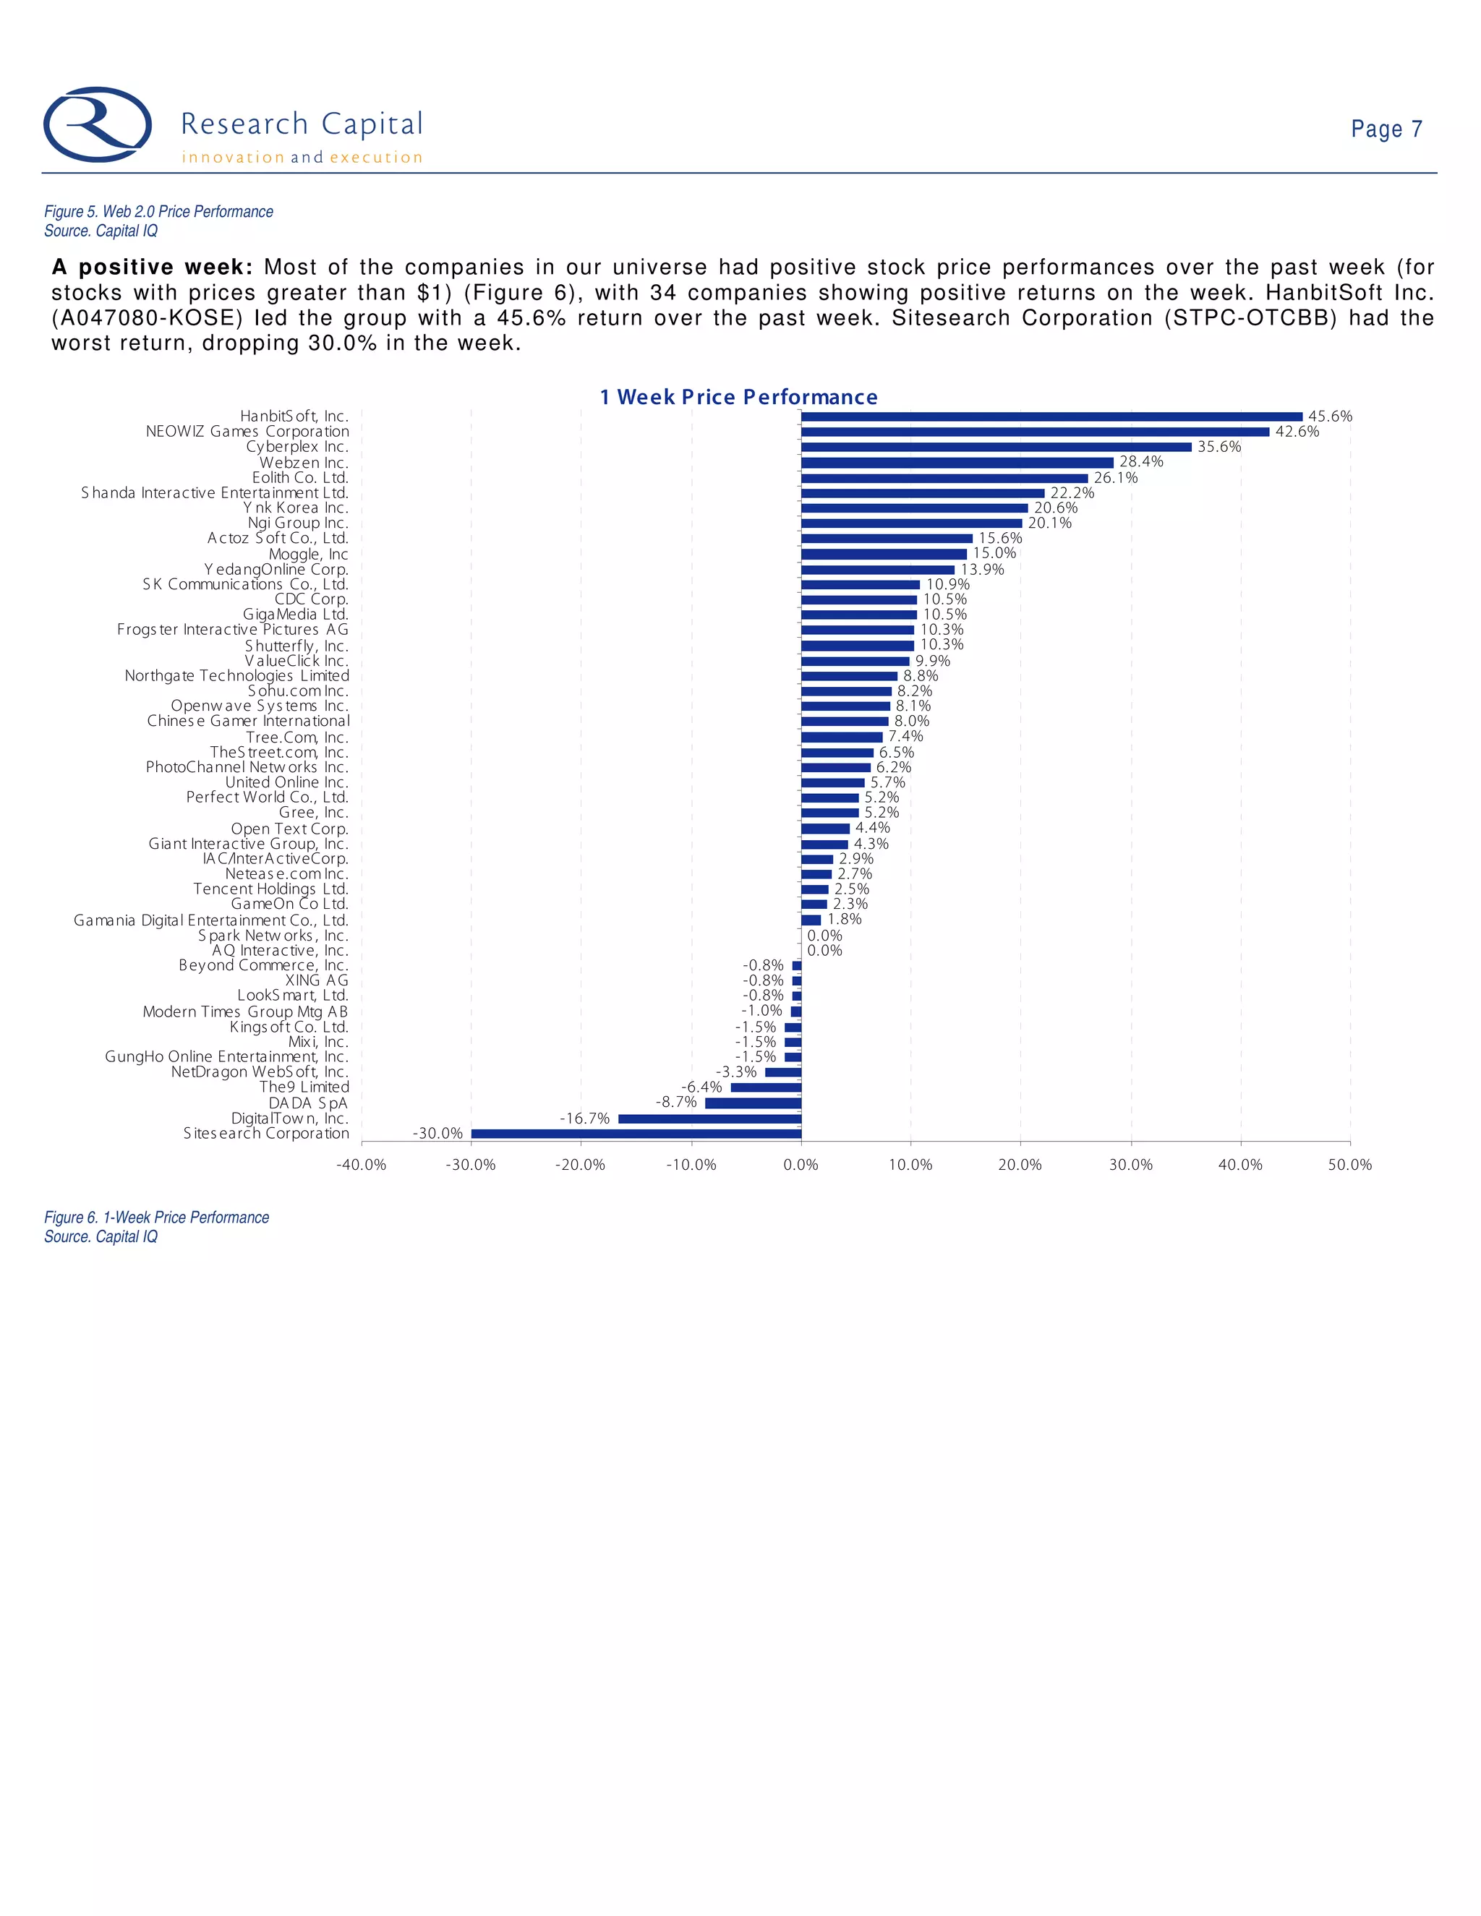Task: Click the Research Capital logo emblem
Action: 98,124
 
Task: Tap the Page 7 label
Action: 1386,129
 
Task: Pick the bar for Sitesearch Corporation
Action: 636,1134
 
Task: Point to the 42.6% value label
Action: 1297,432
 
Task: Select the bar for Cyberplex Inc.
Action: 996,447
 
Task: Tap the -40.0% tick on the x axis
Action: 362,1165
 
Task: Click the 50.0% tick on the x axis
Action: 1349,1165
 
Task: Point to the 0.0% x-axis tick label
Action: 801,1165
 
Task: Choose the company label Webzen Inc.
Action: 304,462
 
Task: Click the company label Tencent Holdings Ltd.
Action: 271,889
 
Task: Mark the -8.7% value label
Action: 676,1102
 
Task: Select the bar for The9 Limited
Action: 766,1087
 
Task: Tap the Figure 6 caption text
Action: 156,1218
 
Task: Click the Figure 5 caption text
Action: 158,211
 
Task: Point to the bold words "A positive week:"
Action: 152,268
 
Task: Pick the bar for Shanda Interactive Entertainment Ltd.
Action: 922,493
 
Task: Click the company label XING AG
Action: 317,980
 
